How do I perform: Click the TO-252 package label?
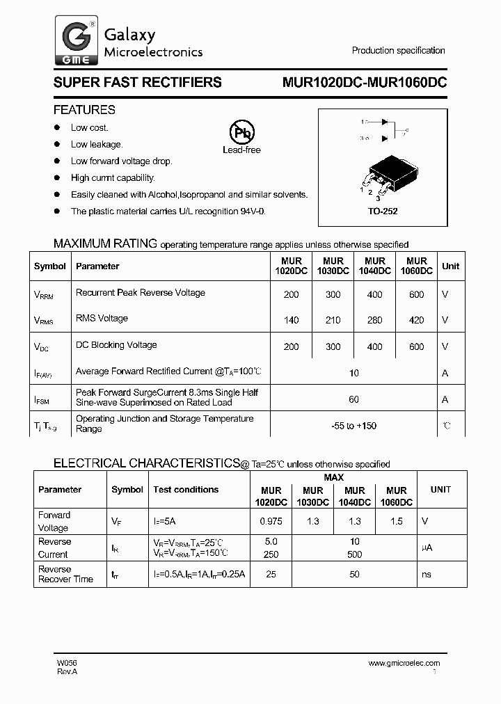383,211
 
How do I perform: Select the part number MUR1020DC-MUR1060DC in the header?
364,82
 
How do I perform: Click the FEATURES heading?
84,110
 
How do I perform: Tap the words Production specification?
398,51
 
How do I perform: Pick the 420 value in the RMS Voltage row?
416,321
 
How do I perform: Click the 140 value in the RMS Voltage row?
291,321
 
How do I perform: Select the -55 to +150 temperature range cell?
353,426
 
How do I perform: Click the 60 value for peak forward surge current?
353,399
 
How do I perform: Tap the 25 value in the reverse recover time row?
271,575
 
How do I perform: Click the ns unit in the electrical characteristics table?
427,575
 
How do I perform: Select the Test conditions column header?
186,490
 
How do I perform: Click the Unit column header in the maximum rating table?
450,266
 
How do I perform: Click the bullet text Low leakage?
97,145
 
